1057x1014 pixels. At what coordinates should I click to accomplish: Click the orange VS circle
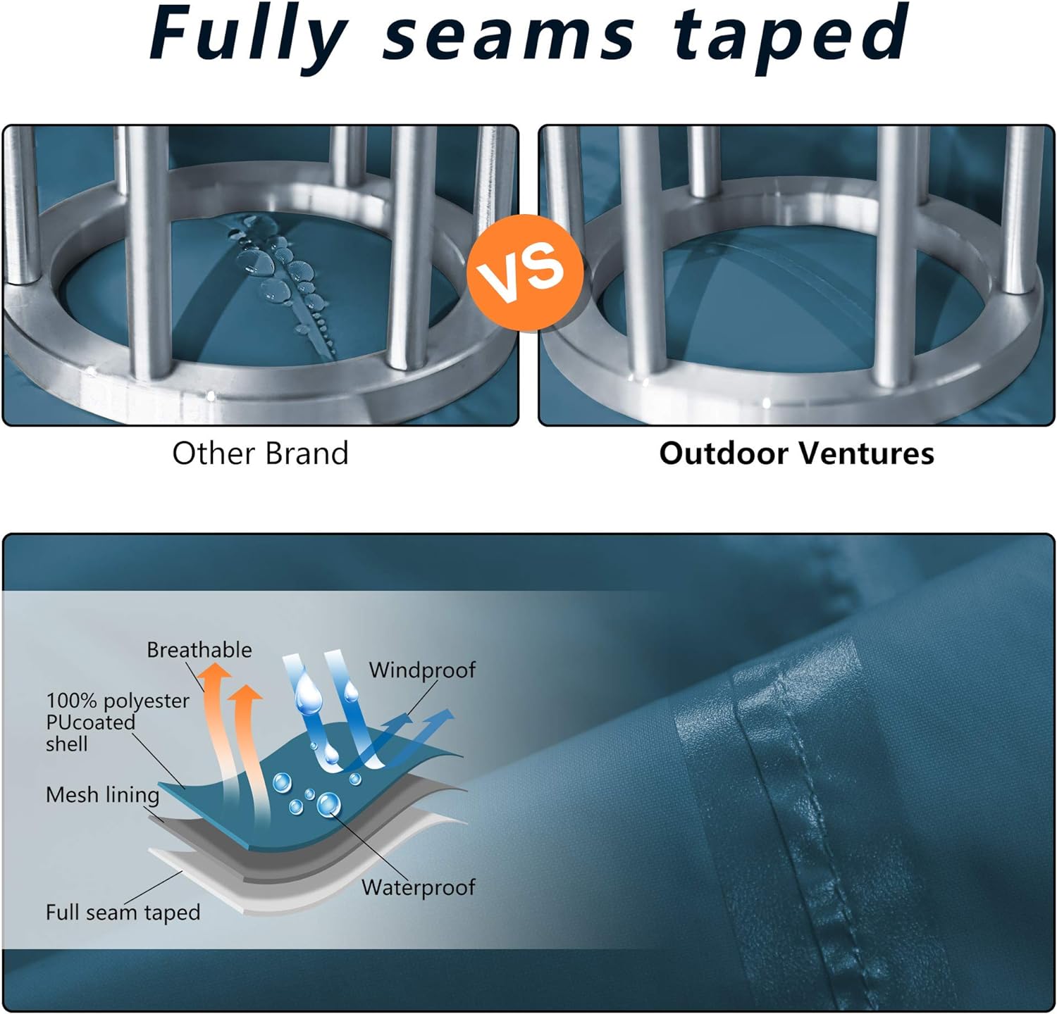point(526,270)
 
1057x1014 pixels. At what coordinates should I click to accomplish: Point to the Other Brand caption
point(261,453)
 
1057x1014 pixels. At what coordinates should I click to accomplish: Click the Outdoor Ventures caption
point(796,453)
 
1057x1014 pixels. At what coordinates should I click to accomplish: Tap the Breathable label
point(199,649)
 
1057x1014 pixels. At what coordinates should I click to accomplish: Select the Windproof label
point(422,670)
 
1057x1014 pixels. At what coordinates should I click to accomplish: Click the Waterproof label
point(419,887)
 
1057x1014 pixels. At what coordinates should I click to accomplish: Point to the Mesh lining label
point(103,795)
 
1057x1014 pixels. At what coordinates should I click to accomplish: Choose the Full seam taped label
point(123,913)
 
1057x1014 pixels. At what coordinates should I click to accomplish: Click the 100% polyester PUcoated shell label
point(118,722)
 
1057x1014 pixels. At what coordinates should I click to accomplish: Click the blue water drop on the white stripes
point(308,693)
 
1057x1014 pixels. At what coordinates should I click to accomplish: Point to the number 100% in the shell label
point(71,701)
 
